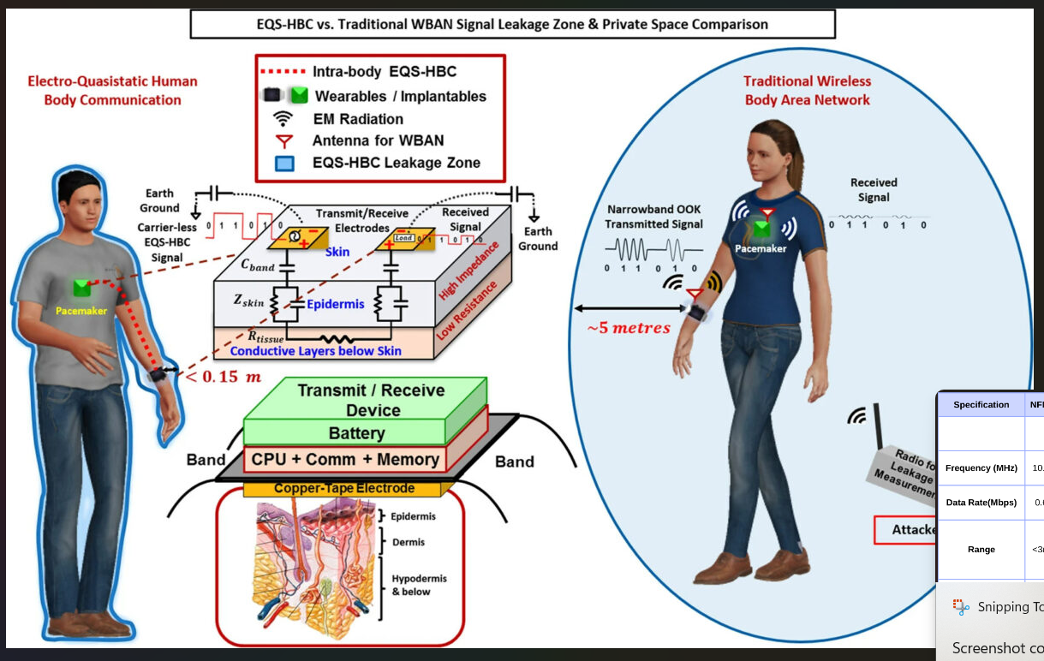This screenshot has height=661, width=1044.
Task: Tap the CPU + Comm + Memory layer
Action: (x=345, y=460)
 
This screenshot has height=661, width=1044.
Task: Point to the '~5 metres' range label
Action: (x=623, y=328)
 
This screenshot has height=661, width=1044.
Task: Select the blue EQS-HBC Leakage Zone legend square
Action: (x=284, y=163)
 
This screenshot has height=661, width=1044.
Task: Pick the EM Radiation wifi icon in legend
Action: (x=283, y=119)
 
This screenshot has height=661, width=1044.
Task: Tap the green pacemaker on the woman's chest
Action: (x=760, y=229)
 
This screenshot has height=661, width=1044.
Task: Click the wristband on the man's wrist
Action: (x=158, y=374)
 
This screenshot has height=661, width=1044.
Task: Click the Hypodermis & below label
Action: (x=418, y=585)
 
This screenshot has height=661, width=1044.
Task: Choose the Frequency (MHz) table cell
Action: (x=980, y=468)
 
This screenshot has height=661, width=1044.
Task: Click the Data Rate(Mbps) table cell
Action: (x=980, y=503)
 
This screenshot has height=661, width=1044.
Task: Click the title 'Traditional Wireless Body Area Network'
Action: (x=806, y=91)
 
